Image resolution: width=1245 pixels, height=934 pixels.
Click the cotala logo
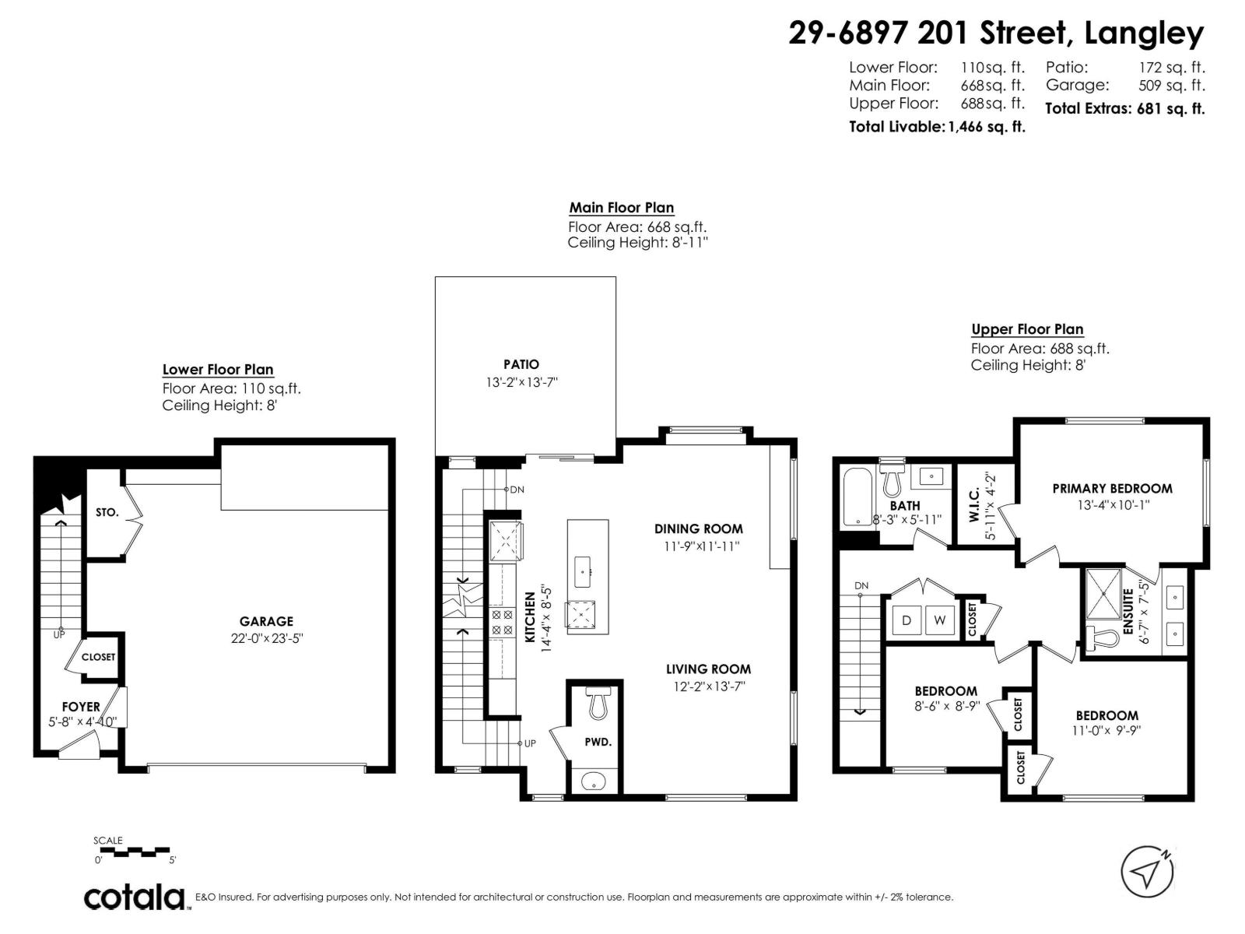pos(135,897)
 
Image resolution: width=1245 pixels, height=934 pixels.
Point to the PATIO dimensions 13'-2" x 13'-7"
pos(521,382)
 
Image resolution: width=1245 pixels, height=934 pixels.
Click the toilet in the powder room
pos(598,704)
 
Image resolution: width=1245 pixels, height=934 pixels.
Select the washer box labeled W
pos(940,620)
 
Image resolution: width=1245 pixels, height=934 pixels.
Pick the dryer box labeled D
pos(907,620)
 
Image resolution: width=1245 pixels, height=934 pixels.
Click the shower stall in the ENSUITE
pos(1104,593)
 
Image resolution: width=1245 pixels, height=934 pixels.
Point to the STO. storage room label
pos(107,512)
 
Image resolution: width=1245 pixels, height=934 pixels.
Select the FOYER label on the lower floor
pos(81,707)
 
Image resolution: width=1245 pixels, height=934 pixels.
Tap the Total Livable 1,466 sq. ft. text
pos(936,127)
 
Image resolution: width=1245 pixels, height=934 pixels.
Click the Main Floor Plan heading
pos(621,208)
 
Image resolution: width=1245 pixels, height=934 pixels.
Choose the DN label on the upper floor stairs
pos(861,585)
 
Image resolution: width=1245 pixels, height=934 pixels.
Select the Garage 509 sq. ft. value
pos(1170,86)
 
